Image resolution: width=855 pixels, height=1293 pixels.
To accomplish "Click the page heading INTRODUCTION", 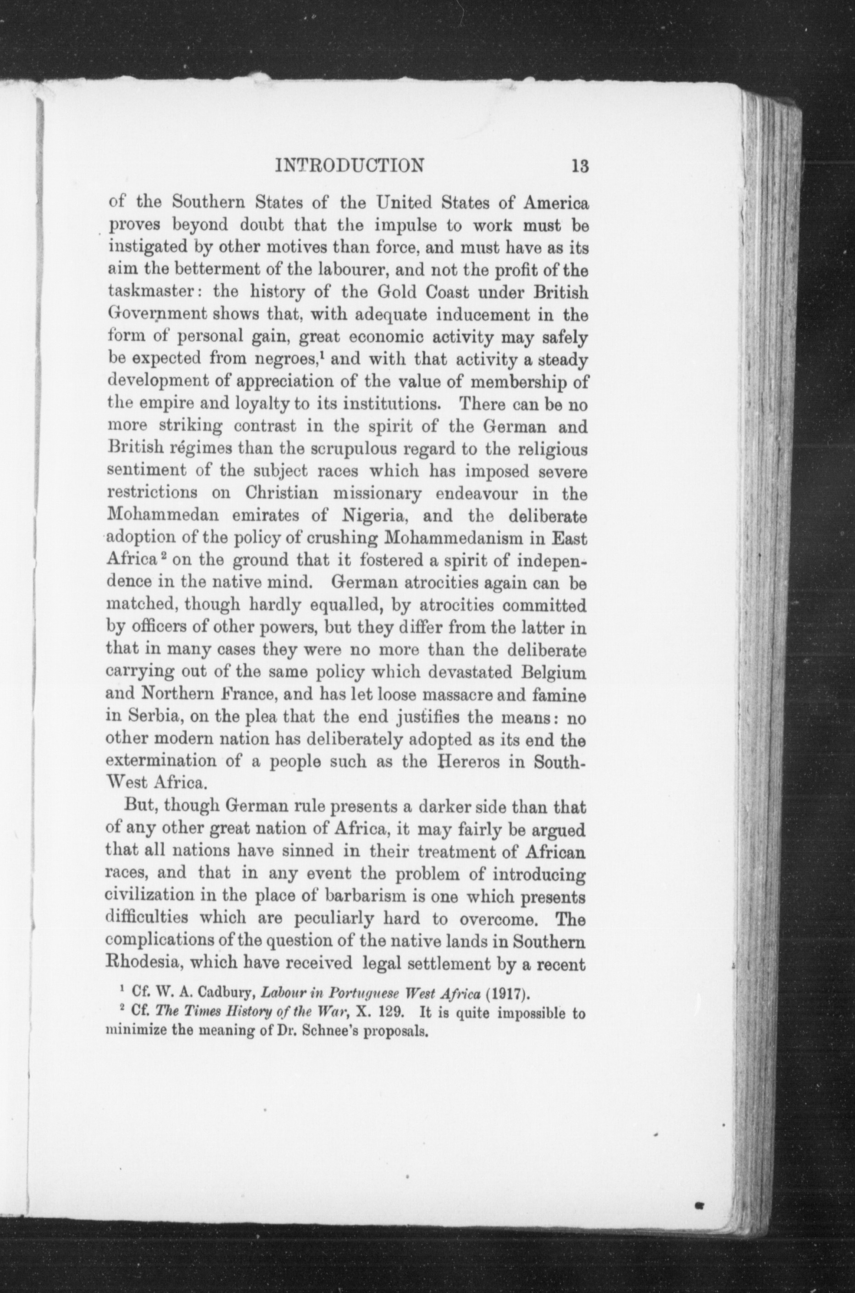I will point(350,165).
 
